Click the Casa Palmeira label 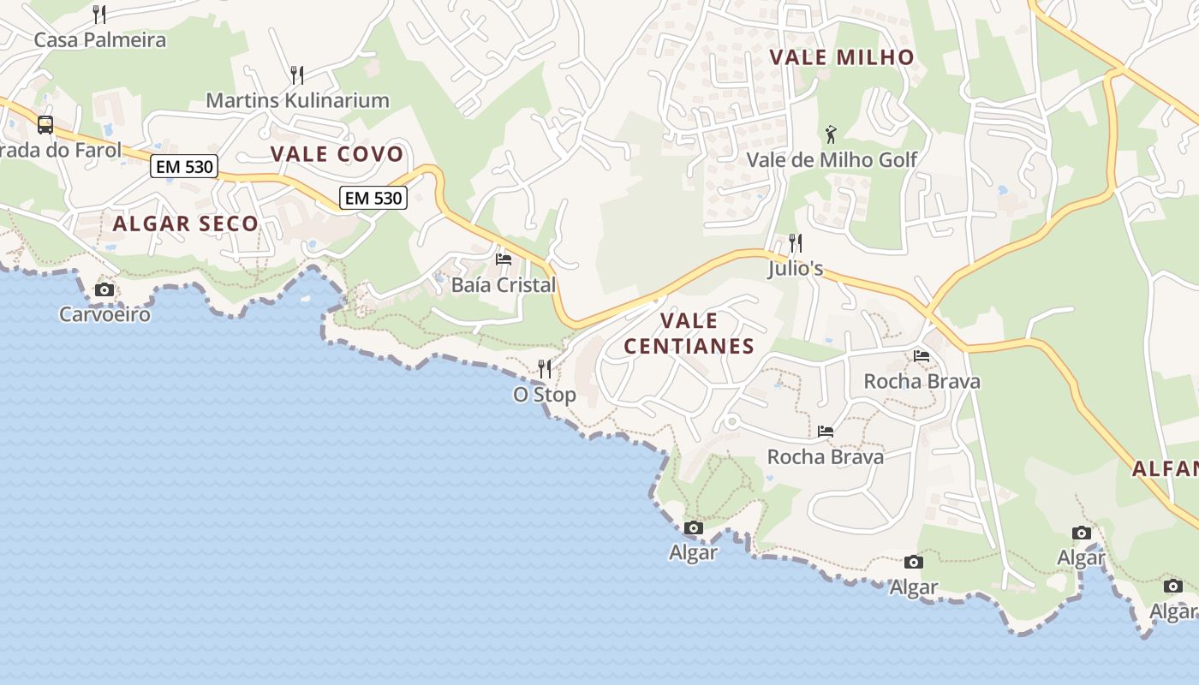[99, 39]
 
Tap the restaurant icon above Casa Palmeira [99, 14]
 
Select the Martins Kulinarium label [297, 100]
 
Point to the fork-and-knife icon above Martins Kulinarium [297, 74]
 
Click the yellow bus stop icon [45, 125]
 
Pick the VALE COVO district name [337, 154]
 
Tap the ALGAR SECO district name [185, 223]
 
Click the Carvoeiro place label [104, 314]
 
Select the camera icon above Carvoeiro [104, 289]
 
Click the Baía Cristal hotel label [504, 285]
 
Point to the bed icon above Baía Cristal [504, 259]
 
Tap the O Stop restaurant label [545, 395]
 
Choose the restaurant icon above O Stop [545, 369]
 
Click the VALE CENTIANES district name [689, 333]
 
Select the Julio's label [796, 269]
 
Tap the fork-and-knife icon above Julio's [796, 243]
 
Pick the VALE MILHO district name [842, 57]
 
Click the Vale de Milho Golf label [832, 160]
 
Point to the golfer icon [831, 134]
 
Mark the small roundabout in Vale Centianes [731, 422]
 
